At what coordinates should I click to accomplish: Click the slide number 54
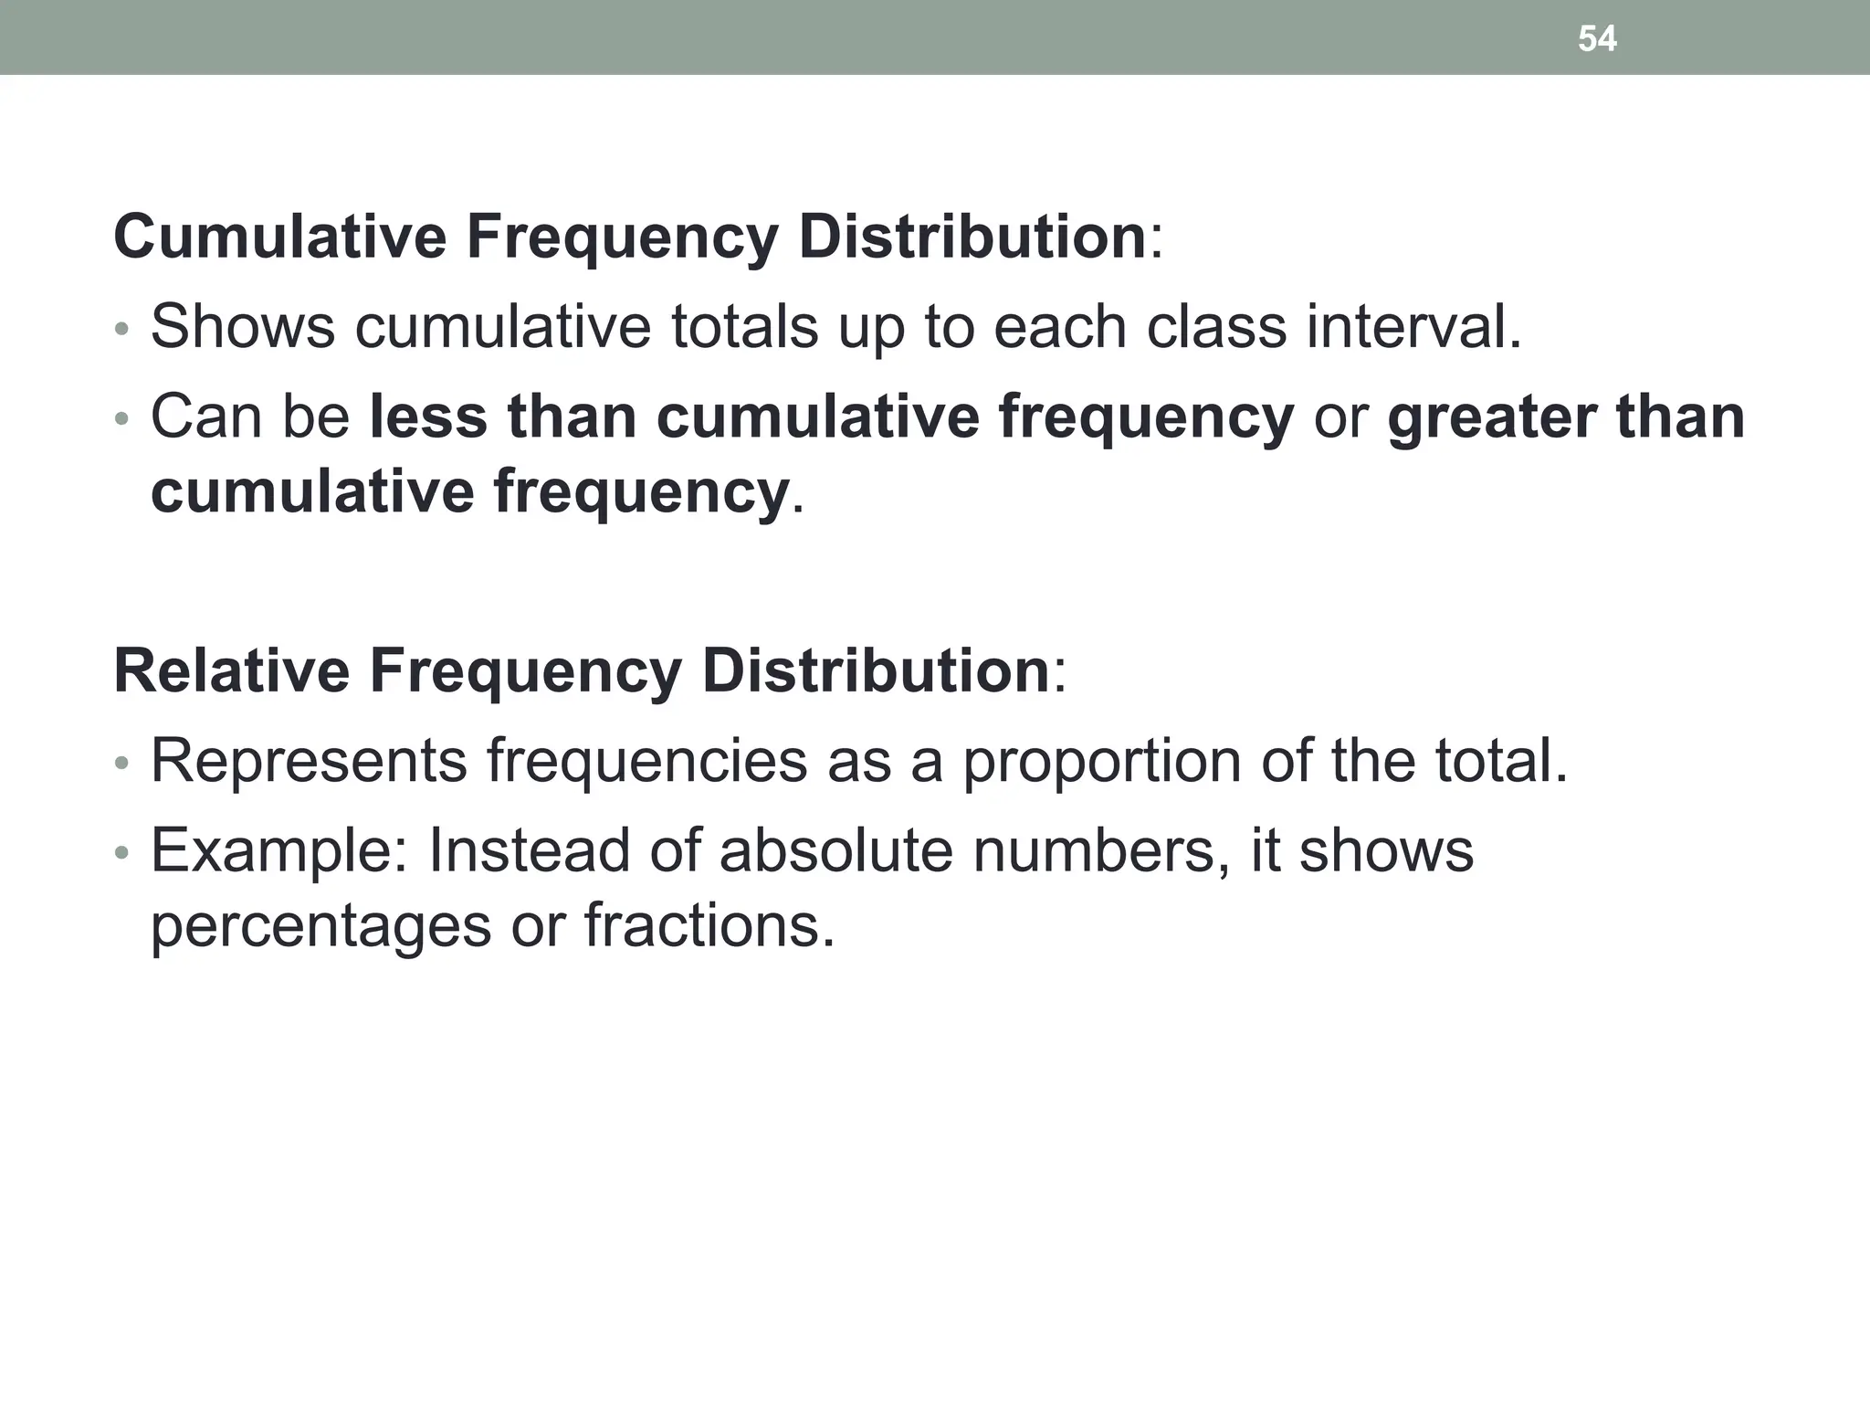point(1597,38)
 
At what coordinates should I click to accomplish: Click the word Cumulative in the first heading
point(279,236)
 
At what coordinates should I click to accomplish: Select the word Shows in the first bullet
point(243,326)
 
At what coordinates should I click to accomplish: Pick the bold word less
point(427,417)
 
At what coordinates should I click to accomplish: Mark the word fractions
point(709,924)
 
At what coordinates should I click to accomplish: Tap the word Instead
point(529,849)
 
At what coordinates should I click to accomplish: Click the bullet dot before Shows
point(122,329)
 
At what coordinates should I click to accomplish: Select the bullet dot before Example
point(122,853)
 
